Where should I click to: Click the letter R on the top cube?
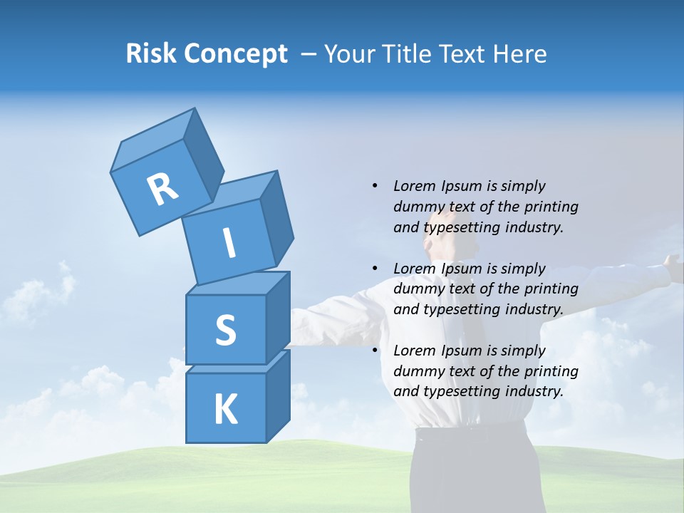coord(162,188)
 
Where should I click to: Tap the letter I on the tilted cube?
coord(229,243)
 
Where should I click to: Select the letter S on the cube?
coord(225,330)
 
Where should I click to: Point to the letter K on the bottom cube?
coord(225,409)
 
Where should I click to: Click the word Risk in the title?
coord(150,53)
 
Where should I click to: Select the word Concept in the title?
coord(235,54)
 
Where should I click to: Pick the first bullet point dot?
coord(375,187)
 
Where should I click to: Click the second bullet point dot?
coord(375,269)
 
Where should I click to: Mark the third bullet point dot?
coord(375,351)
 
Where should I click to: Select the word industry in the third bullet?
coord(534,391)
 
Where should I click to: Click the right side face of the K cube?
coord(278,395)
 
